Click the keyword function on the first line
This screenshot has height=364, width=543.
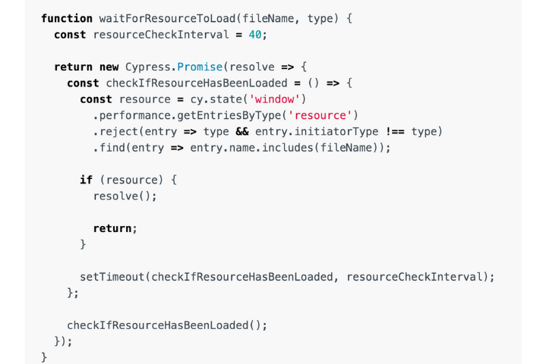pyautogui.click(x=67, y=18)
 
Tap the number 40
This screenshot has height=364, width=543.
pyautogui.click(x=255, y=35)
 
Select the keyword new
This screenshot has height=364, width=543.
pyautogui.click(x=109, y=67)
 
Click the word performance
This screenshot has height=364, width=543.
pyautogui.click(x=135, y=115)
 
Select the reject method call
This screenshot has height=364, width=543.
pyautogui.click(x=115, y=131)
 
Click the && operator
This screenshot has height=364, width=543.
pyautogui.click(x=242, y=131)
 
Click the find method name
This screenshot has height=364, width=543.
pyautogui.click(x=112, y=148)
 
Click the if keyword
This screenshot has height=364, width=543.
pyautogui.click(x=86, y=180)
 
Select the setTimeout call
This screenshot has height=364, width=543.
pyautogui.click(x=112, y=277)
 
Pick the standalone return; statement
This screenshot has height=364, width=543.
pyautogui.click(x=115, y=228)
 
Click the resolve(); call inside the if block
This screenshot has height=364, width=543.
pyautogui.click(x=125, y=196)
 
